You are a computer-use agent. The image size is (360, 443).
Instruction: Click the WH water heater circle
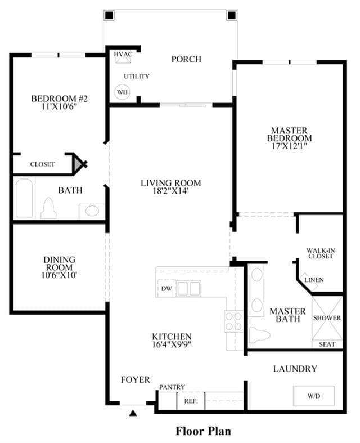(122, 92)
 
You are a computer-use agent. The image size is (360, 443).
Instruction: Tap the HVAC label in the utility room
(123, 54)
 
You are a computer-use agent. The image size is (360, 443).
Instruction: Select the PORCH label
(186, 59)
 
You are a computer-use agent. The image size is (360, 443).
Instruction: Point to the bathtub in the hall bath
(24, 198)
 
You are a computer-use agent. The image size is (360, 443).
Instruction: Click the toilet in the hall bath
(48, 208)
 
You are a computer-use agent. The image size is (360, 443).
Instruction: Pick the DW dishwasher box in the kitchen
(166, 288)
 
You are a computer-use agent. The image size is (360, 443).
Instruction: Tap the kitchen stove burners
(234, 321)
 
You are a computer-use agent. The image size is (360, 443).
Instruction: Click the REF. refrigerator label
(191, 401)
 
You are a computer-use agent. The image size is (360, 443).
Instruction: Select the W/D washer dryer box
(314, 396)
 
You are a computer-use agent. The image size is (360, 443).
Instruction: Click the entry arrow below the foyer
(133, 413)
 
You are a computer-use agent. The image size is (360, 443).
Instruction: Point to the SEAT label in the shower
(327, 344)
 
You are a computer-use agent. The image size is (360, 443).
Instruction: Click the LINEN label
(314, 280)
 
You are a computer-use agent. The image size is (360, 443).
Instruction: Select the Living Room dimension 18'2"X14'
(171, 191)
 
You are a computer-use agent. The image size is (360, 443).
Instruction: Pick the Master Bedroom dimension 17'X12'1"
(289, 146)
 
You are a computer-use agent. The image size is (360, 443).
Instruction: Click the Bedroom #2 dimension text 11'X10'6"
(59, 106)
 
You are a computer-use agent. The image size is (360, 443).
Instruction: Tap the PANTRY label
(172, 387)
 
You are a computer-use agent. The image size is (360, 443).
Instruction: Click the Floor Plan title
(203, 431)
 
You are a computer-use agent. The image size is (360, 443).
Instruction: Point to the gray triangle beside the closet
(77, 164)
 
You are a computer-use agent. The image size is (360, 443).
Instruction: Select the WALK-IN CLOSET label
(321, 253)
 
